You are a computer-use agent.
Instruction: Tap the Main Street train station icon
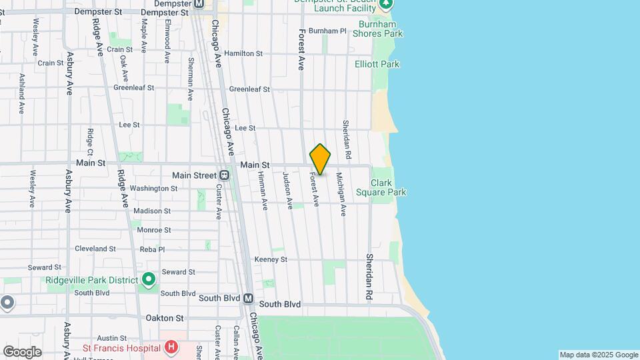click(x=225, y=175)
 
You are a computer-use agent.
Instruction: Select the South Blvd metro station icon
click(x=248, y=299)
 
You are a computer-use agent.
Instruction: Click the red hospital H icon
click(x=171, y=347)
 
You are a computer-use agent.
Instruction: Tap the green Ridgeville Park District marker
click(x=148, y=279)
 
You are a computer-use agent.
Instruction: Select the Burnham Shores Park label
click(x=378, y=29)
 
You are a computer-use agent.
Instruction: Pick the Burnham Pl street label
click(x=327, y=31)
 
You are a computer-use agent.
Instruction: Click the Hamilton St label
click(x=243, y=53)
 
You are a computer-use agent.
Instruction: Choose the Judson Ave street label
click(x=288, y=191)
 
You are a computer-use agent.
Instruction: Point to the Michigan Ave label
click(x=341, y=194)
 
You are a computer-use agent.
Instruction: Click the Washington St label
click(x=153, y=189)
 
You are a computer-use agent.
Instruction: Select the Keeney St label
click(x=271, y=259)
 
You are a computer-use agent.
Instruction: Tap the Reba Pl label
click(x=152, y=249)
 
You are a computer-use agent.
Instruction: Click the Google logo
click(x=22, y=352)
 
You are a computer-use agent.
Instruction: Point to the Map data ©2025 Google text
click(x=598, y=355)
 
